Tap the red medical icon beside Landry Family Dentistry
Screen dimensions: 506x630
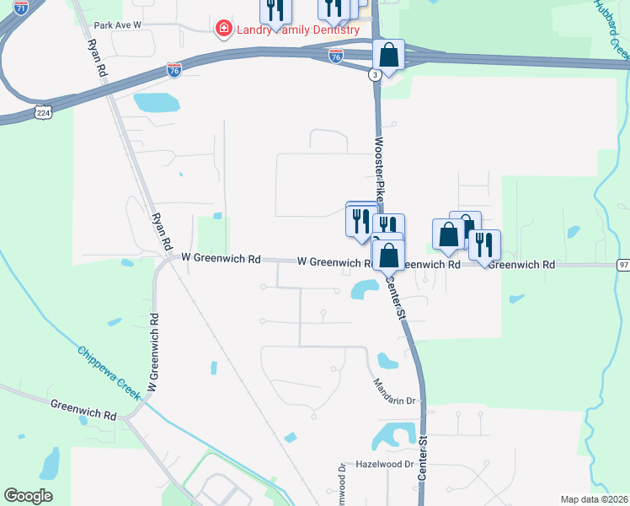pos(224,30)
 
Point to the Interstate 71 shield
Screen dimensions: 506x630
pos(21,7)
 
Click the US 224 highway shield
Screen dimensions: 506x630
pos(41,111)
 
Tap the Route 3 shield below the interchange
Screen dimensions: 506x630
pos(374,74)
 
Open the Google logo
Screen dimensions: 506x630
pos(28,496)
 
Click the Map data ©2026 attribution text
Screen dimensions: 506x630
pos(594,499)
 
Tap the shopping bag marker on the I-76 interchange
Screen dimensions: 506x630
pos(388,56)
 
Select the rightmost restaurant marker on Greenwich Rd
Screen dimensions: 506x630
pos(484,245)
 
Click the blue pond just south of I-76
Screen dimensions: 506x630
pos(157,103)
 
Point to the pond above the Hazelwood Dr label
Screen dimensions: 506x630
pos(390,436)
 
